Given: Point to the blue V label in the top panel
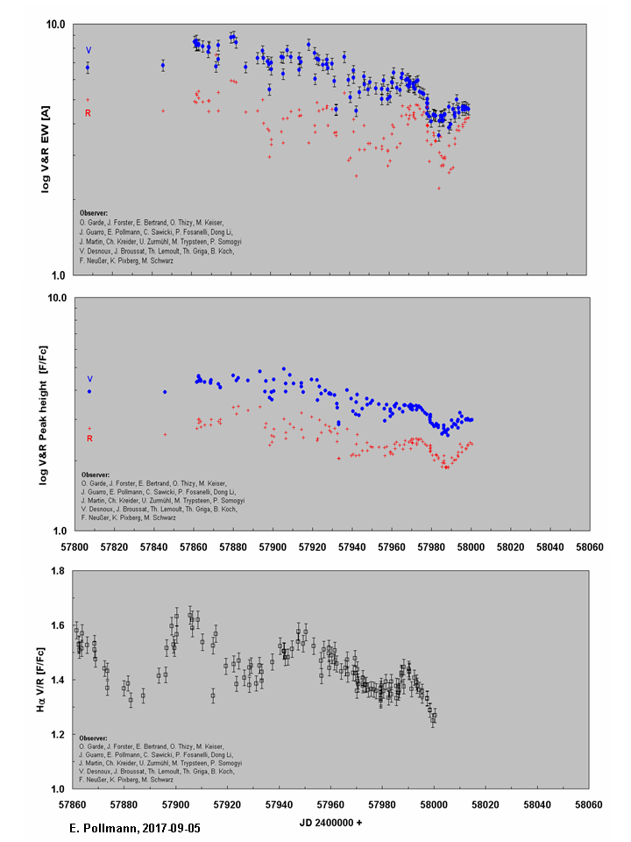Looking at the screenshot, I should point(88,50).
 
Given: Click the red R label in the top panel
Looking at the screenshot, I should point(88,113).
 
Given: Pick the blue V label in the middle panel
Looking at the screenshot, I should point(89,379).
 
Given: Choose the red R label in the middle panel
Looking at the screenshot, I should point(89,439).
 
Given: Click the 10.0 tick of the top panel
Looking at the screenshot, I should point(56,24).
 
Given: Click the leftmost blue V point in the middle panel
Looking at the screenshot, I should point(89,391).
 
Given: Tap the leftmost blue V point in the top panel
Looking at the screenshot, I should point(88,68).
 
